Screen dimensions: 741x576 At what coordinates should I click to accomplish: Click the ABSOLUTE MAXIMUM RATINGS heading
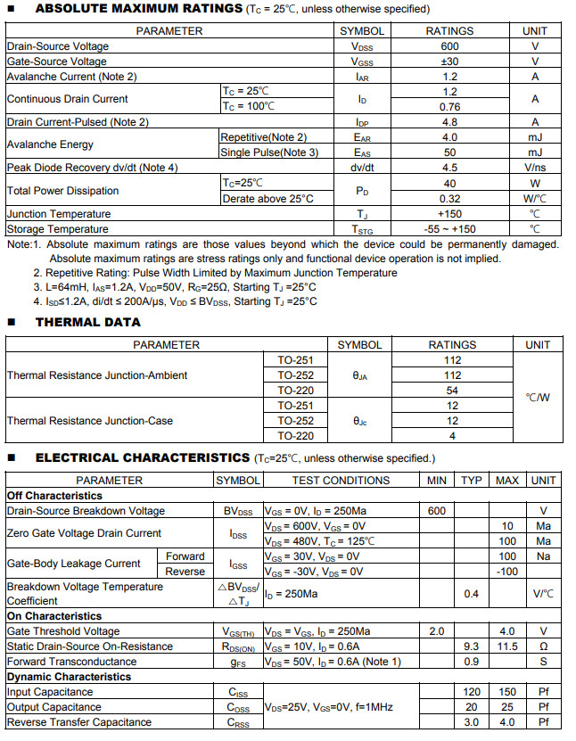click(x=138, y=9)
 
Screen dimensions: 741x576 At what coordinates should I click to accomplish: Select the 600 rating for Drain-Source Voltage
click(x=449, y=46)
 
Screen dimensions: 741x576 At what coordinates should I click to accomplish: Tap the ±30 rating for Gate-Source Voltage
click(x=449, y=62)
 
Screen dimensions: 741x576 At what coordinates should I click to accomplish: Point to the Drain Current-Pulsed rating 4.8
click(x=449, y=122)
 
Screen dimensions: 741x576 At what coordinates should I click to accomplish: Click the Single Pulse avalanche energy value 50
click(x=449, y=152)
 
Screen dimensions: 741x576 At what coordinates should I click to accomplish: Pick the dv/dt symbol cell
click(x=362, y=168)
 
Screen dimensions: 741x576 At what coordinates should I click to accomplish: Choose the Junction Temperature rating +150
click(x=449, y=214)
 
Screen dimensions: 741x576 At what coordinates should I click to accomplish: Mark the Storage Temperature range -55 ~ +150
click(x=449, y=229)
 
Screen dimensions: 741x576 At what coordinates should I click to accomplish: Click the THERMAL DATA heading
click(x=87, y=322)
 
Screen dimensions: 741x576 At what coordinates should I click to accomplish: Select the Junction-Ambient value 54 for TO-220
click(x=452, y=391)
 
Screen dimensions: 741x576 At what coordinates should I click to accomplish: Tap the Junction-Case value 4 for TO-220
click(x=452, y=436)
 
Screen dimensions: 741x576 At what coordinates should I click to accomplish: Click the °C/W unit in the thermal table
click(x=538, y=398)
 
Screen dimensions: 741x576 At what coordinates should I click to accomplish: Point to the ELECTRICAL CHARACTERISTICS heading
click(x=142, y=457)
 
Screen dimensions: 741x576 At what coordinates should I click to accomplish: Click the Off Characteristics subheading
click(x=54, y=496)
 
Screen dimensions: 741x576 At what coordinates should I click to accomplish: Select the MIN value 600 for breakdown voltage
click(x=437, y=511)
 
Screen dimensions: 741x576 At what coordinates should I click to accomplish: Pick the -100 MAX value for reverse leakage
click(x=506, y=572)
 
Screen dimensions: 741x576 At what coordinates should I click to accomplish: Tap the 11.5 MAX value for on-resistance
click(x=506, y=646)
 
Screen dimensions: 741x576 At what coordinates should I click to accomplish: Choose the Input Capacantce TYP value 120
click(x=472, y=692)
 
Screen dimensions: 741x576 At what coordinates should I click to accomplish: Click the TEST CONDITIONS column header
click(x=341, y=481)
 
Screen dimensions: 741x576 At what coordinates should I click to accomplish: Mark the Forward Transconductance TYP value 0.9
click(x=472, y=662)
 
